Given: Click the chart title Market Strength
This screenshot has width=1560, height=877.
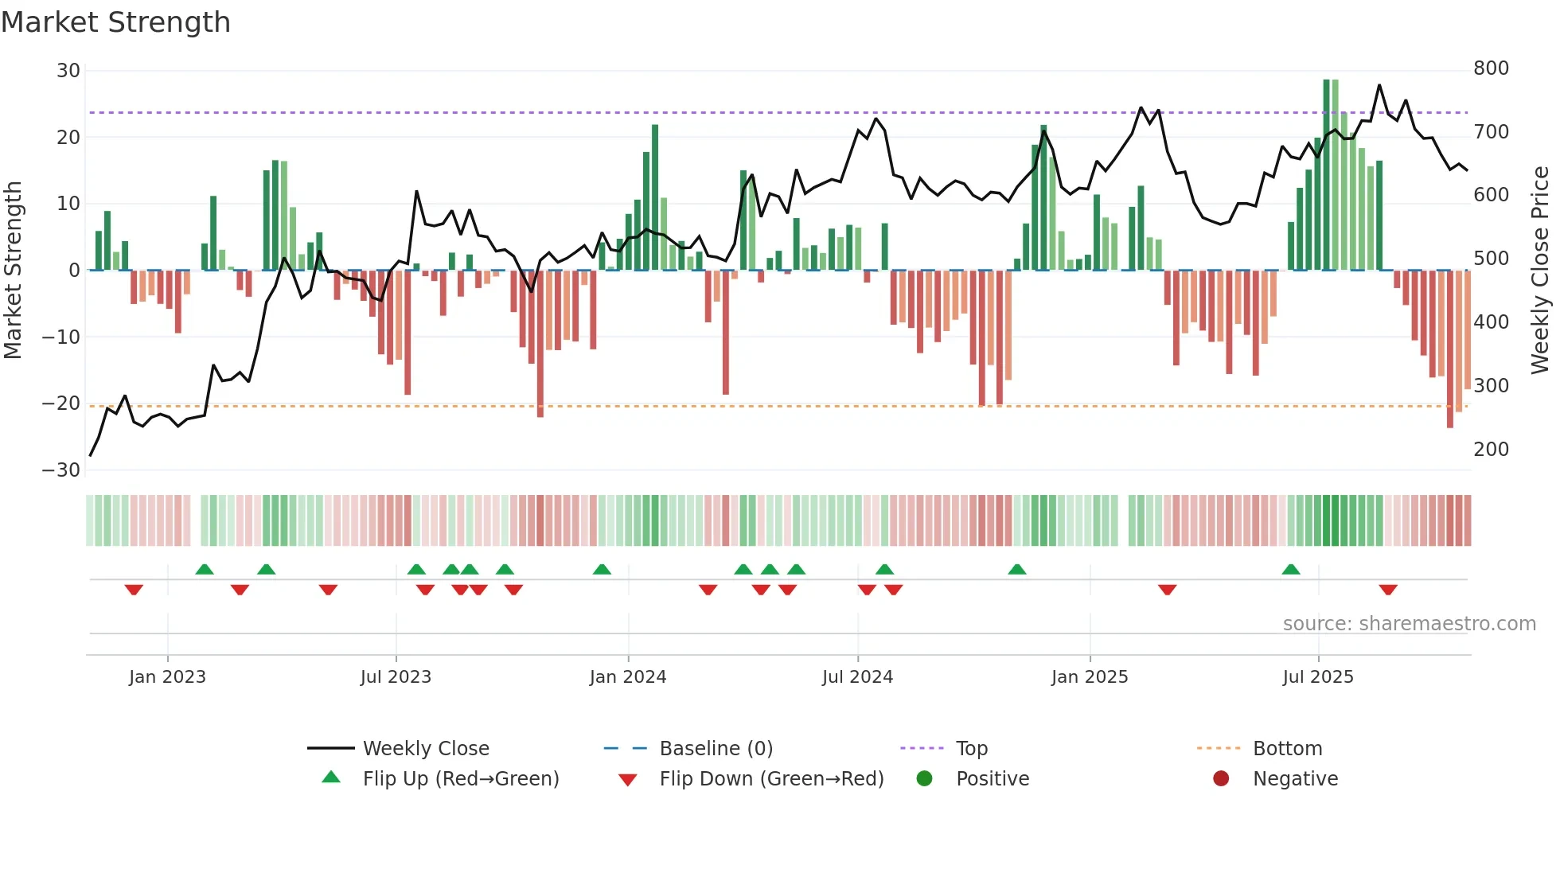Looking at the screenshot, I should (115, 22).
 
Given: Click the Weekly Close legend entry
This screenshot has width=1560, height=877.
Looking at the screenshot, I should (425, 748).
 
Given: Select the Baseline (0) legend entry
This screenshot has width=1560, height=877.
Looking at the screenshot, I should (716, 748).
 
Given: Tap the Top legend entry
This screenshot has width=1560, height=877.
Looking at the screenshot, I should (971, 748).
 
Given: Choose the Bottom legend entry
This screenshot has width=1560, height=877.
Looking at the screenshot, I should (1287, 748).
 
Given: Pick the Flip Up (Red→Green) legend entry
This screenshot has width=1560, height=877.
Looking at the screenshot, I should (460, 778).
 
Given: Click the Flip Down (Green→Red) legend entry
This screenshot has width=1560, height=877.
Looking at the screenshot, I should (770, 778).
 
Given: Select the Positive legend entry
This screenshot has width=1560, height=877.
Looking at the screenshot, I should (992, 778).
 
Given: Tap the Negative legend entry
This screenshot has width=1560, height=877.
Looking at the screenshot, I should (1295, 778).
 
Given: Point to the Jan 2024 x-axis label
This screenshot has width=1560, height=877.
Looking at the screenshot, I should (628, 677).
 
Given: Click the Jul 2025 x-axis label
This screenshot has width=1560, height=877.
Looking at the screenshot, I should (1318, 677).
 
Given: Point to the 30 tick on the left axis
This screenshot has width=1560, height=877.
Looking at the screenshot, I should (68, 71).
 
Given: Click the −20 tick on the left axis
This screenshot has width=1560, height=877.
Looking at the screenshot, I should (61, 403).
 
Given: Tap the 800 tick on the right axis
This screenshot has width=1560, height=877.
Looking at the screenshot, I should (1491, 68).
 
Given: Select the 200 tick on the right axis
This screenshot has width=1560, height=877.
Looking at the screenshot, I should (1491, 450).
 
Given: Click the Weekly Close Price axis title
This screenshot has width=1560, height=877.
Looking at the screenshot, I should (1539, 271).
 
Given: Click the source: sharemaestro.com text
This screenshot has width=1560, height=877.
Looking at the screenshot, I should (1409, 624).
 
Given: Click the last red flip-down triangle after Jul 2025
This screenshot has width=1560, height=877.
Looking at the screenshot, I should (1388, 590).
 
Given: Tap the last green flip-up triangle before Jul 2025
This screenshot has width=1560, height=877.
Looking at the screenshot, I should (1291, 569).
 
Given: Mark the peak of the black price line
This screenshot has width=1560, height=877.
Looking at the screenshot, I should (1379, 85).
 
